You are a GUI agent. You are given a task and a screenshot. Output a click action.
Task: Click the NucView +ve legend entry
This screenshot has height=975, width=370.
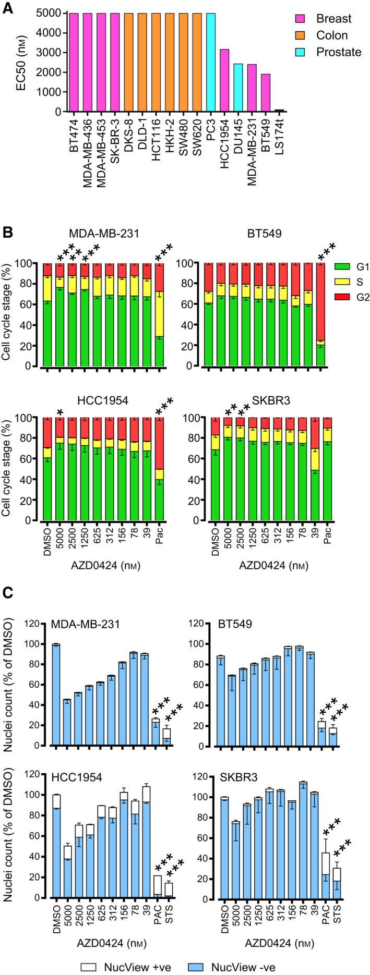click(123, 965)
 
